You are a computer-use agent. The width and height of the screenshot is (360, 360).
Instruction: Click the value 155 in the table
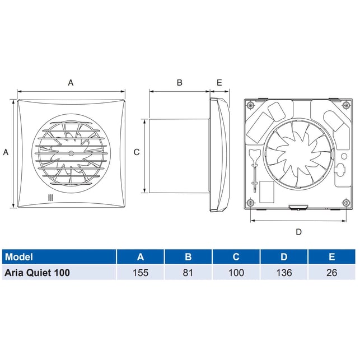(141, 273)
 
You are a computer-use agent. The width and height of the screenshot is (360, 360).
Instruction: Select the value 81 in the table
(188, 273)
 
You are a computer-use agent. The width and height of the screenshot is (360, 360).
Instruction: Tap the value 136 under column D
(284, 273)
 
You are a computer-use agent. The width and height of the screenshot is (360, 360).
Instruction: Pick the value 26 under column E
(332, 273)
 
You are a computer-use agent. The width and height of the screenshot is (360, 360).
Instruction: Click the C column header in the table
(236, 256)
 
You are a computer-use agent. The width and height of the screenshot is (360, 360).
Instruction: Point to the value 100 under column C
(236, 273)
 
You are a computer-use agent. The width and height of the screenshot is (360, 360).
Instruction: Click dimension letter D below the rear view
(298, 232)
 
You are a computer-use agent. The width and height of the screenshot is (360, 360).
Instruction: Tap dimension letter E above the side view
(219, 82)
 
